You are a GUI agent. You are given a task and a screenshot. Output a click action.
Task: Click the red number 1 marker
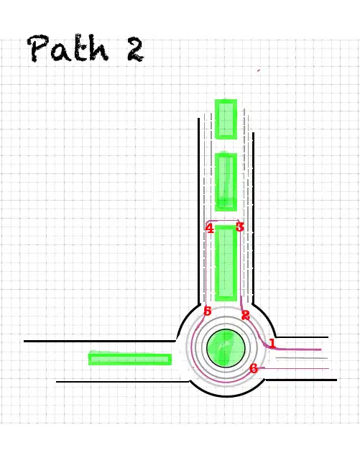pos(272,343)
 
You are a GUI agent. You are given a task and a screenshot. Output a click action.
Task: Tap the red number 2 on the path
pos(246,315)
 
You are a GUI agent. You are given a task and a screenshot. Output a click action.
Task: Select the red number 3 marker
pos(239,227)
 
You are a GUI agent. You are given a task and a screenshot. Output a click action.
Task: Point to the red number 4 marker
pos(210,229)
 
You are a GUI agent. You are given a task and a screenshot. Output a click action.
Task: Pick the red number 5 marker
pos(208,311)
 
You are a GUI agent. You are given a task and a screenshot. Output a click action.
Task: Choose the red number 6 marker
pos(254,368)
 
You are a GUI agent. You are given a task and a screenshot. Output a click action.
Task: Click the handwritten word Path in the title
pos(68,48)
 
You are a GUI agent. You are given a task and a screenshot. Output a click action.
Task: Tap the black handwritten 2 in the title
pos(135,50)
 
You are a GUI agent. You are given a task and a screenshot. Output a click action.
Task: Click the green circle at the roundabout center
pos(226,348)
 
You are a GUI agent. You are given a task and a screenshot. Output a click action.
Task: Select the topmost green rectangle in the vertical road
pos(226,119)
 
